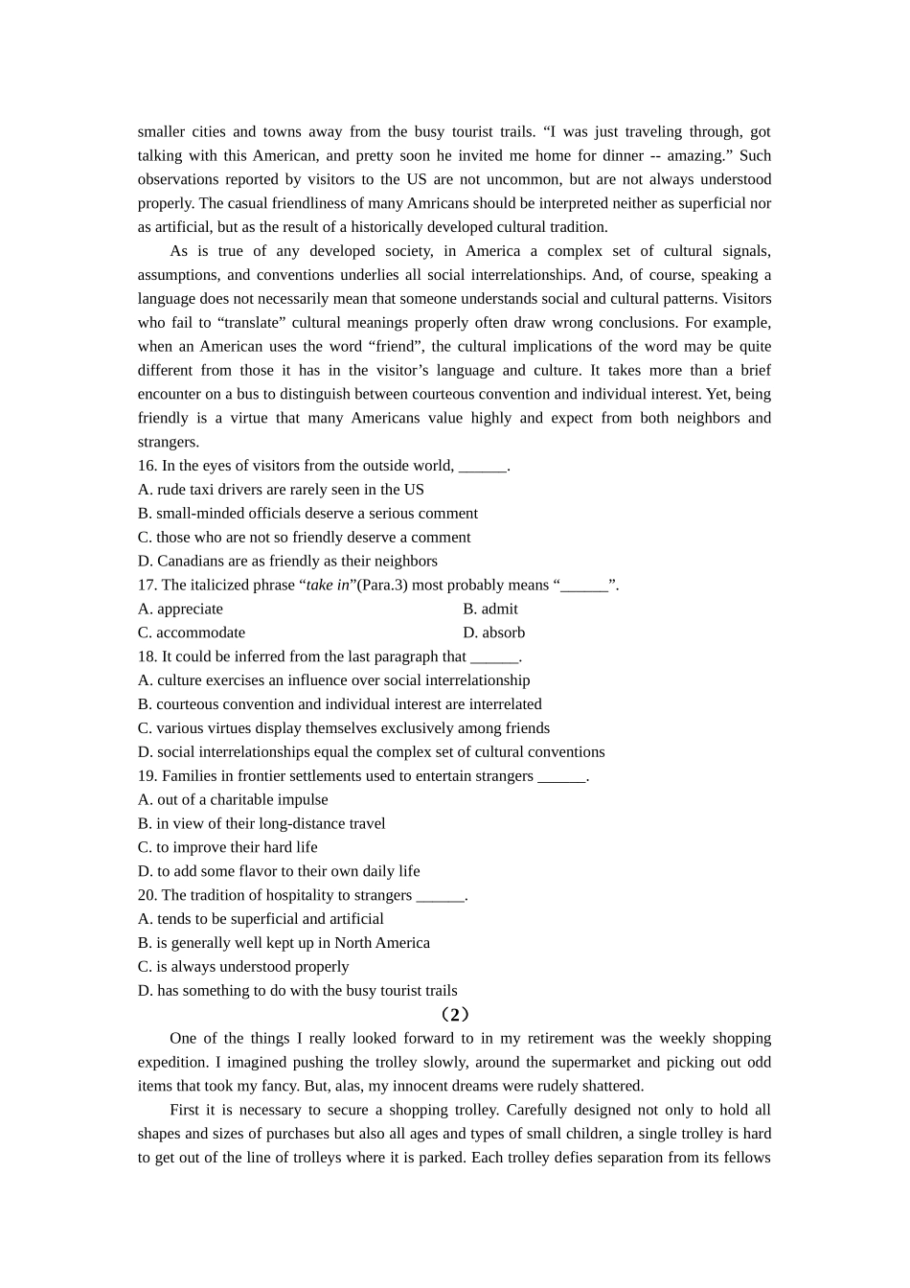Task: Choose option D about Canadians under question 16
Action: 287,562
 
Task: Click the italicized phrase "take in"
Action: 328,586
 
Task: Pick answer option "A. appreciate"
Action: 180,609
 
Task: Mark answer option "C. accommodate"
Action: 192,633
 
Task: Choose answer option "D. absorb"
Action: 494,633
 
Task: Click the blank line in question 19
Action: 561,777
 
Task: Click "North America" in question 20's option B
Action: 382,943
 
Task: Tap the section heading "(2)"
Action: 454,1015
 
